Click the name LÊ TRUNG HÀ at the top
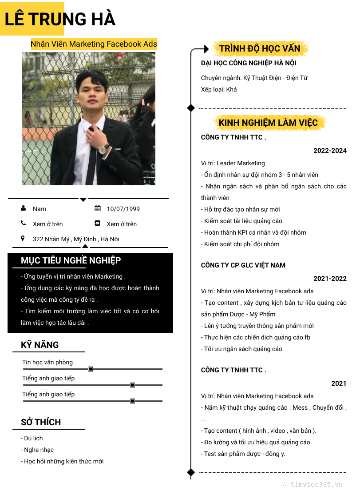[x=60, y=19]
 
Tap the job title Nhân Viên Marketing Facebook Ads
[x=94, y=44]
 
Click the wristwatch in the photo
[x=104, y=149]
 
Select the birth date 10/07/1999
[x=123, y=209]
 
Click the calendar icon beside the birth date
[x=98, y=208]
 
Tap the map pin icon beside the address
[x=23, y=239]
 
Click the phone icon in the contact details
[x=23, y=223]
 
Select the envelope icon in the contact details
[x=98, y=223]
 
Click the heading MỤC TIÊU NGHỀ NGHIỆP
[x=71, y=260]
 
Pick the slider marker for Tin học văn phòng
[x=91, y=369]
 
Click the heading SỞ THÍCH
[x=41, y=422]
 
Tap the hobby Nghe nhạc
[x=38, y=450]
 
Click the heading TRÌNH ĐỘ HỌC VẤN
[x=260, y=48]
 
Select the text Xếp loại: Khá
[x=219, y=89]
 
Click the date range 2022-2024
[x=330, y=151]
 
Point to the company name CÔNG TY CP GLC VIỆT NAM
[x=243, y=265]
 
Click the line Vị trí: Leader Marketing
[x=233, y=163]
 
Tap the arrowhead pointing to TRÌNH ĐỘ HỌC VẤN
[x=206, y=48]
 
